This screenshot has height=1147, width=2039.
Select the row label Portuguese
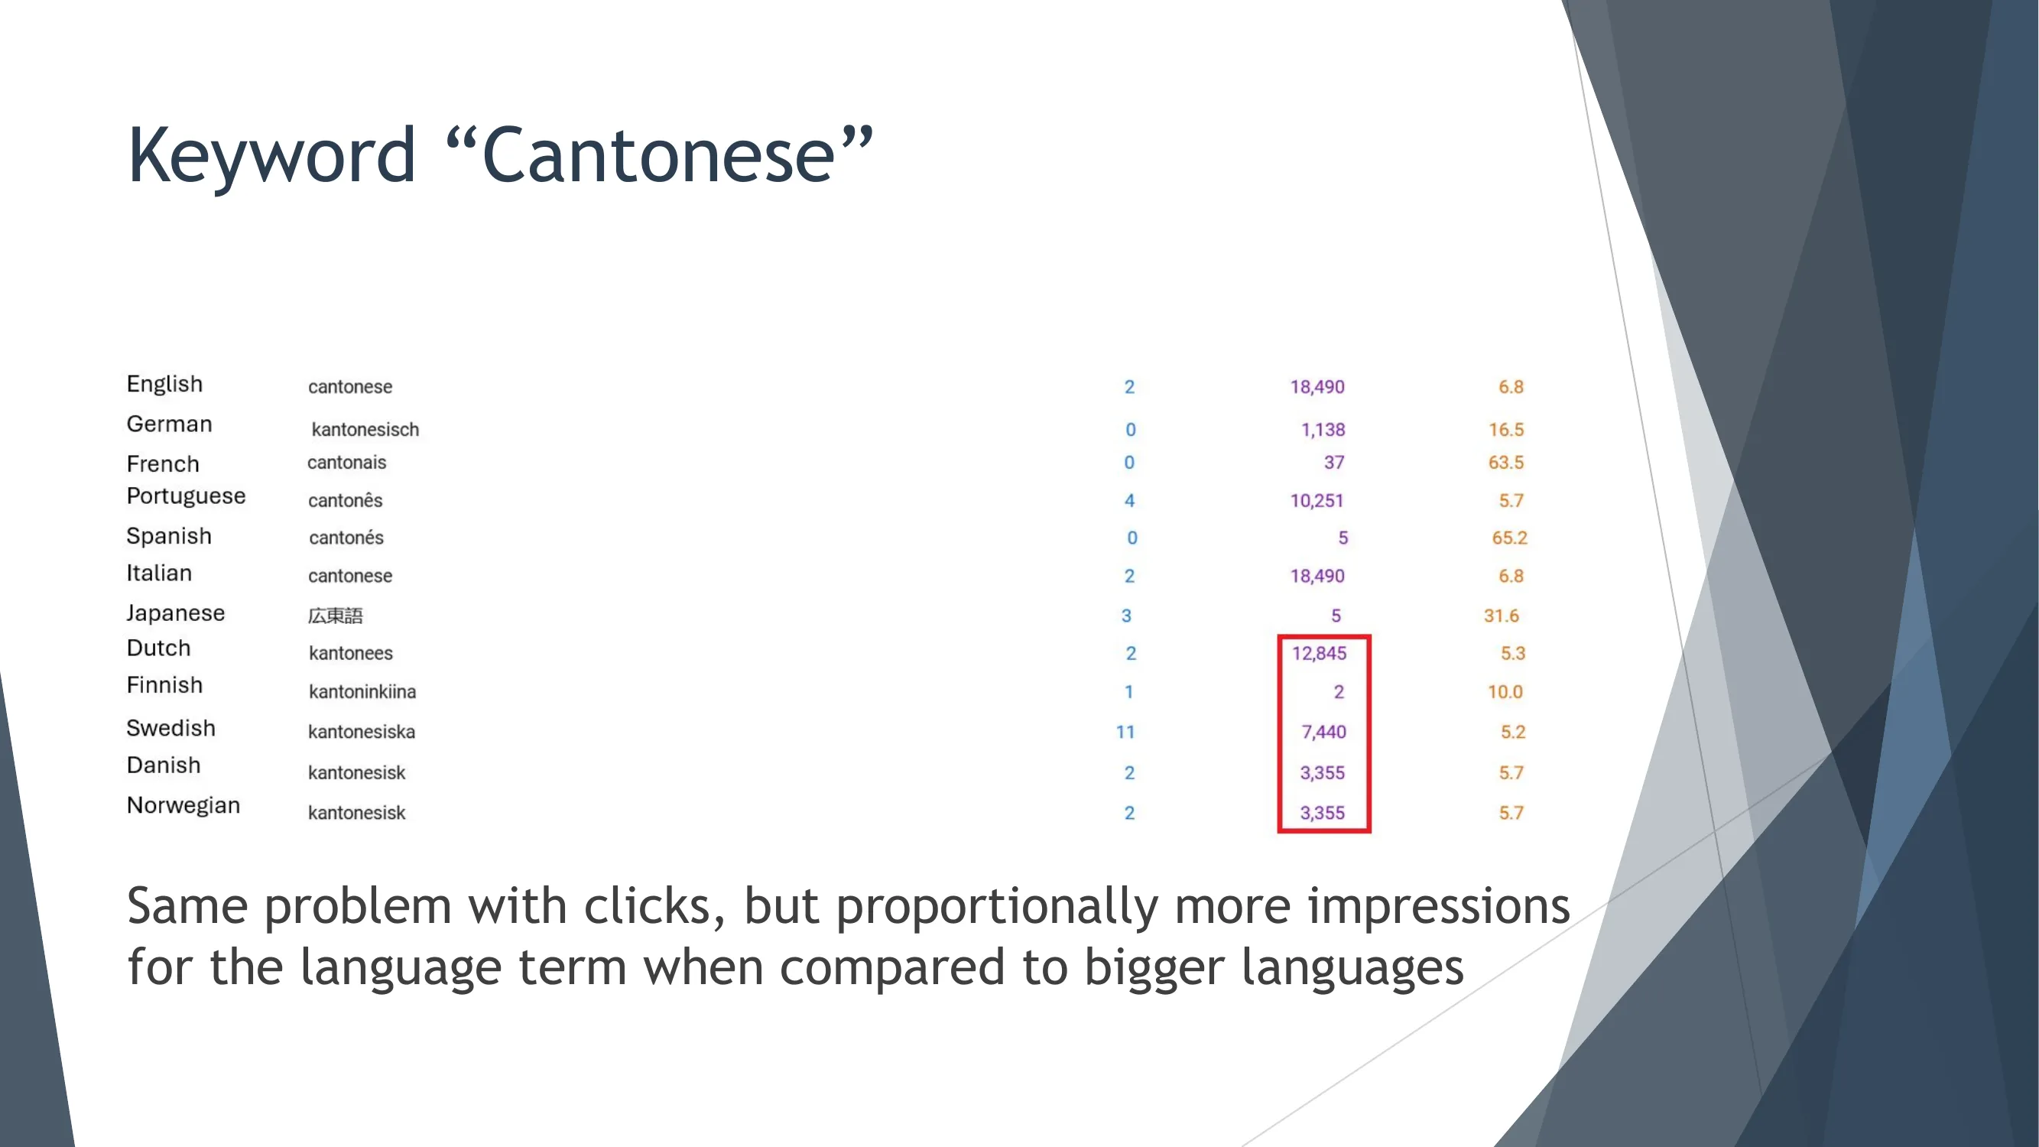186,496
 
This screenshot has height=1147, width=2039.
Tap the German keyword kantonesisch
365,430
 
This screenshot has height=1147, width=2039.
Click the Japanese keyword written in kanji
335,616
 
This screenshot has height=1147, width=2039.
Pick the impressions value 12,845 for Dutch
1319,654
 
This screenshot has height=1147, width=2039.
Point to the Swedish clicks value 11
1125,733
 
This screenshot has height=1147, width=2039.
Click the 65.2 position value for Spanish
1508,538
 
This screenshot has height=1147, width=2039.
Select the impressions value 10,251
1317,501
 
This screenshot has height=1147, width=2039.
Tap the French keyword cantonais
346,463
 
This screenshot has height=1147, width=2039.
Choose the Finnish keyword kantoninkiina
362,693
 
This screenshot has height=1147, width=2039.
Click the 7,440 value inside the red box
1323,733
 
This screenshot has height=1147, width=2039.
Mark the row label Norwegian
183,806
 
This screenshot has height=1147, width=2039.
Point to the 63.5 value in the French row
1505,463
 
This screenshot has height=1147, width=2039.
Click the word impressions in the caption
1437,906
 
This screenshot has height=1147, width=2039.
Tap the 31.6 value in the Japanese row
1501,616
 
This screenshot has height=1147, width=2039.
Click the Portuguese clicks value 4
1129,501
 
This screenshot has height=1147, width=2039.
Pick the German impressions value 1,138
1323,430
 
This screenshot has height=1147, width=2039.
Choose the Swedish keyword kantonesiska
361,733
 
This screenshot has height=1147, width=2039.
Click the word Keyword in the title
271,156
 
